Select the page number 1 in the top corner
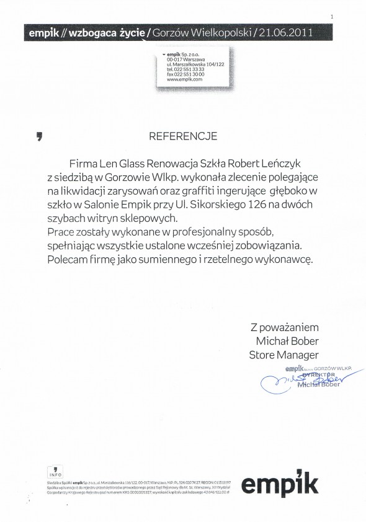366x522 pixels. (x=333, y=16)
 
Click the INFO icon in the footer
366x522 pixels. (x=54, y=471)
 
